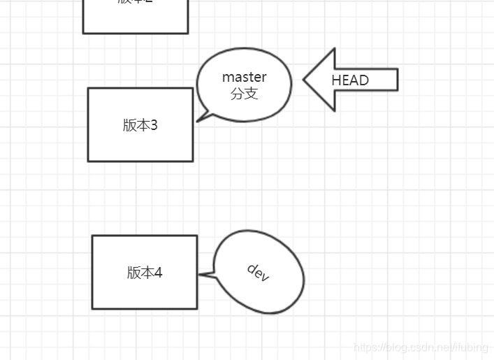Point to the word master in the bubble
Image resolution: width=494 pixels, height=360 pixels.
pos(244,77)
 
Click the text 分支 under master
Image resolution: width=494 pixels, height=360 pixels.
pos(244,94)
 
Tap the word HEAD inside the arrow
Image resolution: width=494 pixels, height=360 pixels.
pos(349,80)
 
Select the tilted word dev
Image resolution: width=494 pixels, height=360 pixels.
pos(258,273)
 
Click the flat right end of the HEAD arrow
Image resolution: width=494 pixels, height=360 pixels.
pos(396,80)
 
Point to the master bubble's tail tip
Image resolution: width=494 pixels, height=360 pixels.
pos(198,121)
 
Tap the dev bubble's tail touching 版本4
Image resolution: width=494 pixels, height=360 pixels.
pos(201,275)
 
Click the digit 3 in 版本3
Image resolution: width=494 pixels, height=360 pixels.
pos(154,125)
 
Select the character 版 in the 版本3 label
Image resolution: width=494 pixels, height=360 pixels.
pos(129,125)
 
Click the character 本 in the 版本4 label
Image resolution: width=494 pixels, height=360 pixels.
pos(145,273)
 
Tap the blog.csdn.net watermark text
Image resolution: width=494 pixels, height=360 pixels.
pos(421,347)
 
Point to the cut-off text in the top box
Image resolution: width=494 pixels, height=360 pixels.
pos(135,2)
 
